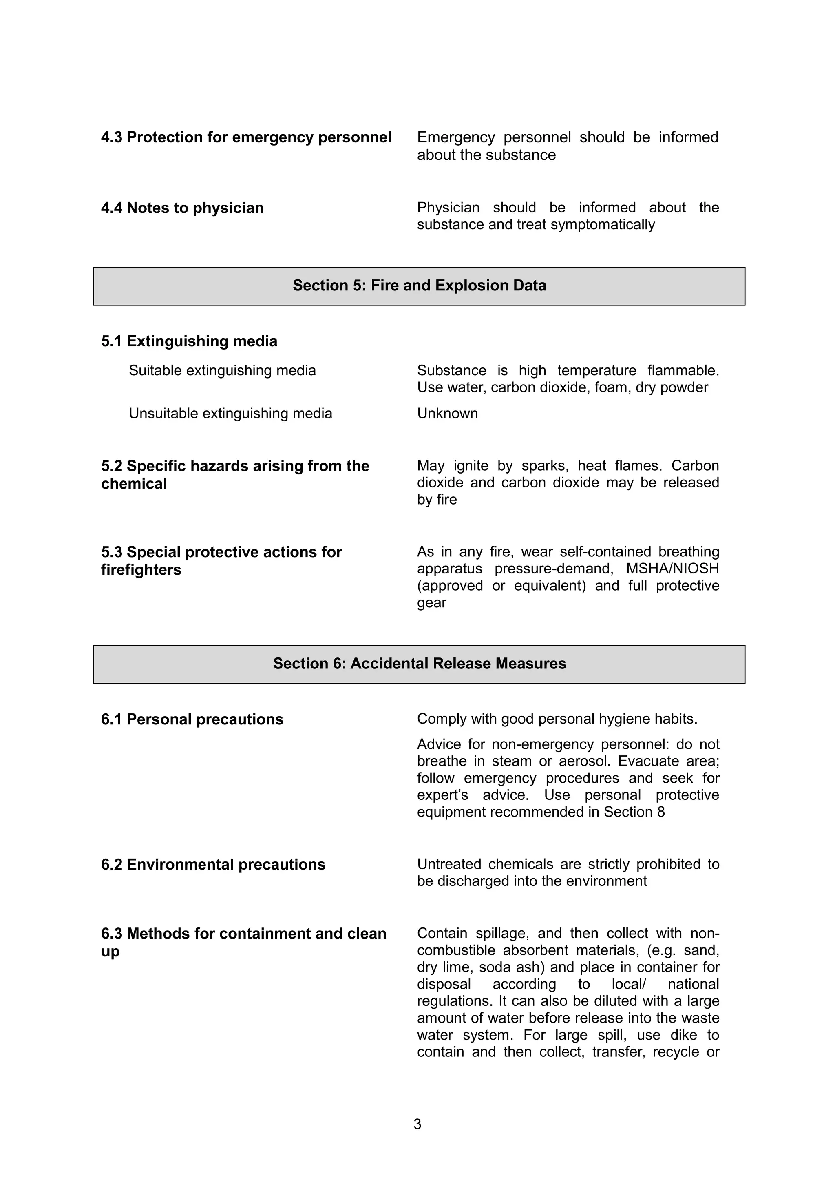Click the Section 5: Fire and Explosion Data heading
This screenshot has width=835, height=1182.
[419, 286]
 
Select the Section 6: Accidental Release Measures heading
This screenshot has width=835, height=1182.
[419, 664]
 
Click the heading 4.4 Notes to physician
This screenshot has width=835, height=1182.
[182, 208]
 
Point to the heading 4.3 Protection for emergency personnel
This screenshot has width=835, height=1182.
[246, 137]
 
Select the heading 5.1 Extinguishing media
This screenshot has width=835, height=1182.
[189, 341]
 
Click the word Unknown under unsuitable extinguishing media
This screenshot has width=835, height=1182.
[447, 414]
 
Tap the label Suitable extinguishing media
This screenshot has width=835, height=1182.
[222, 371]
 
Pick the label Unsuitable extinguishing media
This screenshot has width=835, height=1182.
[230, 414]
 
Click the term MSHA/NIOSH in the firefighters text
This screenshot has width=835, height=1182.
[672, 569]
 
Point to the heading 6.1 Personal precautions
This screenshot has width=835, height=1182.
[192, 719]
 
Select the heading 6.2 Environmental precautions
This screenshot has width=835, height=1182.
[213, 864]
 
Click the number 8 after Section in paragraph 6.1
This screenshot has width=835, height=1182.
[660, 812]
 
